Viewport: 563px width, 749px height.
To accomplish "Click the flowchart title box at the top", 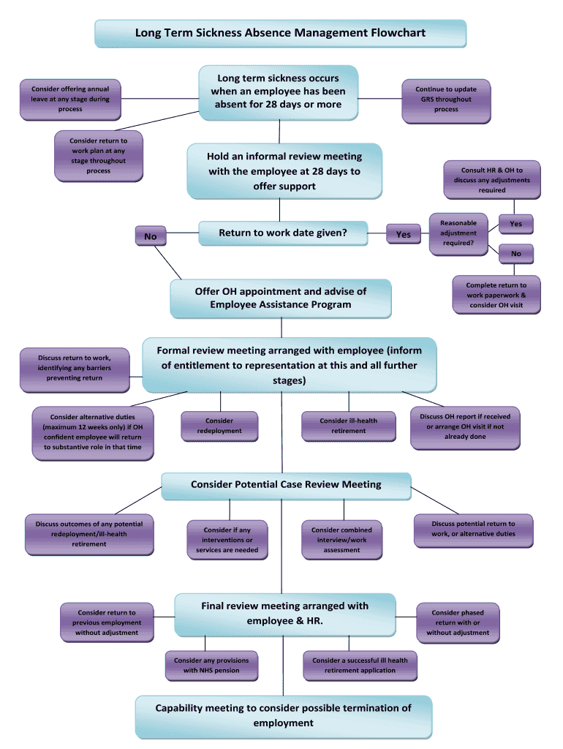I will coord(280,33).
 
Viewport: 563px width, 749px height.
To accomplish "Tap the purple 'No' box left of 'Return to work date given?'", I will coord(151,236).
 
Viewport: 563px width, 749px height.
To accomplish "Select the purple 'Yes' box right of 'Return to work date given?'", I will coord(403,234).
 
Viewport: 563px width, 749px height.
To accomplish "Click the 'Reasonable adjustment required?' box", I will coord(458,233).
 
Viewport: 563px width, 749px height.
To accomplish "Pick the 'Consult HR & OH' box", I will coord(492,180).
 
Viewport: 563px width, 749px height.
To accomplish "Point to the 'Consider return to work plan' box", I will coord(99,156).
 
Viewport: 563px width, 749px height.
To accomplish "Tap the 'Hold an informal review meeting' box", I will coord(284,171).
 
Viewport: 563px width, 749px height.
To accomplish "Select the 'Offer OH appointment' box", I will coord(281,298).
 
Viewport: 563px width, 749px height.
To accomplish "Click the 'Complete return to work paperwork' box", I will coord(496,295).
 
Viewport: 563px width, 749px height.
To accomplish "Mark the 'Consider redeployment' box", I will coord(219,426).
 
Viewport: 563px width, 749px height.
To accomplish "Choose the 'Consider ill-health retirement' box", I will coord(349,426).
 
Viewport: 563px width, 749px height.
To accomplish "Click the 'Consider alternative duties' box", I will coord(92,432).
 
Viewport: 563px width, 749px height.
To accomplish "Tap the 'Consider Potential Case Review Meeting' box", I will coord(286,485).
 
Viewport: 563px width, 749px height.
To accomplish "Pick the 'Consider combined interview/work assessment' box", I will coord(341,540).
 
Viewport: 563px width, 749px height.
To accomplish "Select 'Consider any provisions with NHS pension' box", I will coord(211,665).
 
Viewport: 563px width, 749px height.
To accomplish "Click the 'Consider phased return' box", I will coord(458,622).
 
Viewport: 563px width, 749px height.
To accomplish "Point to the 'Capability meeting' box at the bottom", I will coord(284,715).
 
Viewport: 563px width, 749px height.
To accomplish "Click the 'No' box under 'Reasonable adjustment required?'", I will coord(516,254).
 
